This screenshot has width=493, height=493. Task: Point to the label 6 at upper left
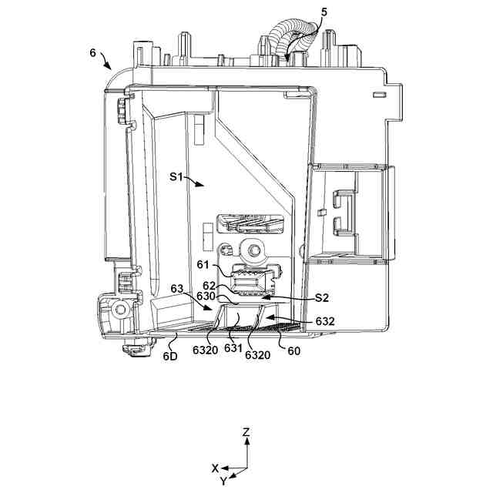[x=92, y=53]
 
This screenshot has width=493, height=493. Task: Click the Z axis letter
[x=246, y=433]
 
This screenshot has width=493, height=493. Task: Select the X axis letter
[x=216, y=468]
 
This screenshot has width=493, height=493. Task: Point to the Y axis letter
[x=224, y=481]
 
